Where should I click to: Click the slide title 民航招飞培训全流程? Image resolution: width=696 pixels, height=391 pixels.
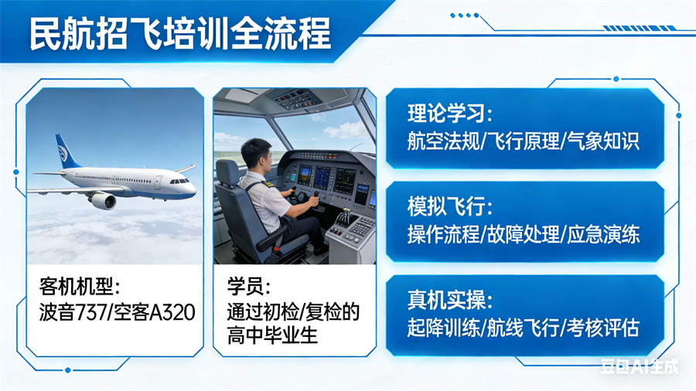pos(179,35)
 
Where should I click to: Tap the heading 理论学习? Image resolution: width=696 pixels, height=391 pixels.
pos(448,115)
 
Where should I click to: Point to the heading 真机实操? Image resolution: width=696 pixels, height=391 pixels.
pos(448,300)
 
